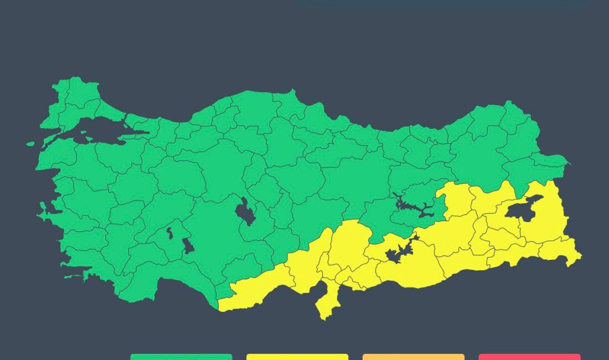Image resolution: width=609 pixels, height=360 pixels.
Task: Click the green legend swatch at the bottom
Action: coord(181,357)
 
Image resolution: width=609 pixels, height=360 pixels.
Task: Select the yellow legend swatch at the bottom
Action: coord(297,357)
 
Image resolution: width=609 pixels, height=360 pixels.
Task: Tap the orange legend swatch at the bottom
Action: coord(414,357)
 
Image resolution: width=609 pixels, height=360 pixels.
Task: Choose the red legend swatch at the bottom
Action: coord(529,357)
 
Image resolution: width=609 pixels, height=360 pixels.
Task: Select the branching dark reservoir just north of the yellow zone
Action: coord(412,208)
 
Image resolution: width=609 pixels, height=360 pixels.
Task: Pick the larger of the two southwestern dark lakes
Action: coord(188,245)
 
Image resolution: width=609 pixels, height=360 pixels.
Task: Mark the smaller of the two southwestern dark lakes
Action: coord(170,233)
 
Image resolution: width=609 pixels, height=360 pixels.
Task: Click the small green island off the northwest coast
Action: coord(30,144)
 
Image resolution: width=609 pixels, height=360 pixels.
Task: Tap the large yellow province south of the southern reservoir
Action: coord(410,271)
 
